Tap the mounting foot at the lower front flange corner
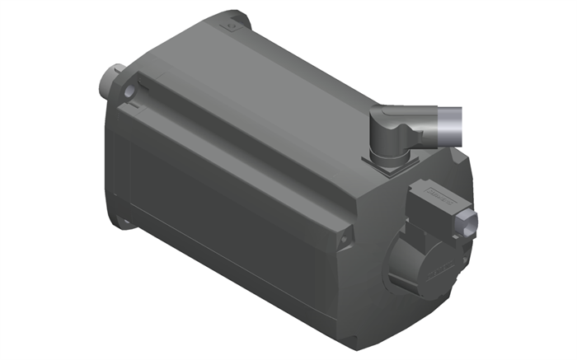(x=125, y=217)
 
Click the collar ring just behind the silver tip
(x=428, y=125)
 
